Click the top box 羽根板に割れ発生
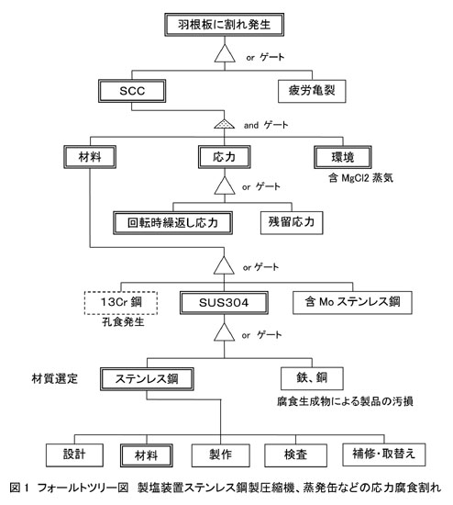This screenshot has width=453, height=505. click(x=225, y=25)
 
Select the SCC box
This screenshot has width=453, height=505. click(x=132, y=91)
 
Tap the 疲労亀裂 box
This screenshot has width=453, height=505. click(x=312, y=91)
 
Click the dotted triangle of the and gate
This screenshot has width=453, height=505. click(x=225, y=124)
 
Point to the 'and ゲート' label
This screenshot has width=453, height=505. click(x=266, y=125)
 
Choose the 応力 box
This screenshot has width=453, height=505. click(x=225, y=157)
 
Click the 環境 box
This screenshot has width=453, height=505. click(x=343, y=157)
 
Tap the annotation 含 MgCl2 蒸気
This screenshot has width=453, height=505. click(x=360, y=178)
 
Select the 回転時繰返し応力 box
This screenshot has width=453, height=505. click(x=172, y=223)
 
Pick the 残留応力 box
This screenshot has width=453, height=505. click(x=292, y=222)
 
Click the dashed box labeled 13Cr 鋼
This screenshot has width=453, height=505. click(x=121, y=303)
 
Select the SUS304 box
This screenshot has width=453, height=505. click(x=224, y=303)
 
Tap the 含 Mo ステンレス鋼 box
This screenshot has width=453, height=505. click(x=352, y=302)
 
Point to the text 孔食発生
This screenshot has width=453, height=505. click(x=123, y=321)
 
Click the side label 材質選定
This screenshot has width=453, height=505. click(x=55, y=378)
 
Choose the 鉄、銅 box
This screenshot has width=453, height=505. click(x=312, y=378)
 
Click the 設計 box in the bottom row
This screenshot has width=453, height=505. click(x=74, y=455)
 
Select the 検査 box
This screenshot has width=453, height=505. click(x=295, y=455)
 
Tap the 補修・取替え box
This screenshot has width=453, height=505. click(x=384, y=454)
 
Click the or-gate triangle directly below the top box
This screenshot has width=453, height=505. click(x=225, y=53)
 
